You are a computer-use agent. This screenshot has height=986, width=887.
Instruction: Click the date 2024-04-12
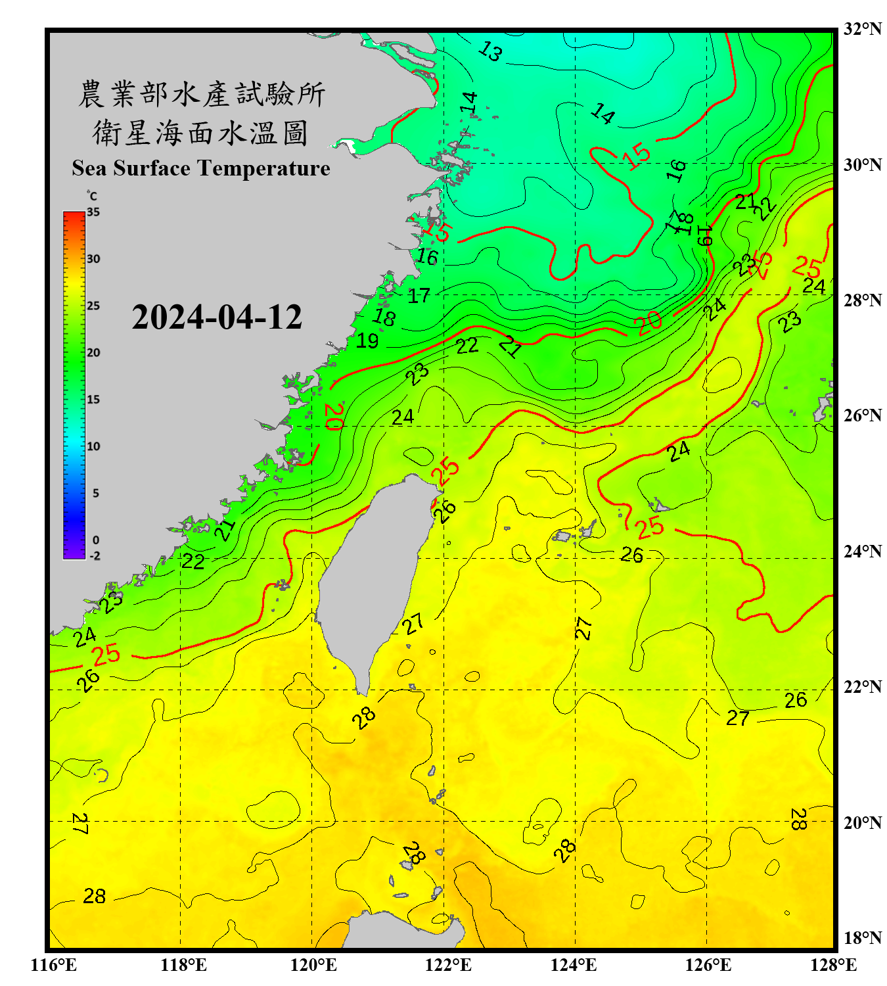[x=216, y=317]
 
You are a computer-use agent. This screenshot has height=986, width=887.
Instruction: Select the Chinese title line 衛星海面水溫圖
[x=200, y=133]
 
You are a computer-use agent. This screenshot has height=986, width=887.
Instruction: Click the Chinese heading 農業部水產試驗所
[x=201, y=94]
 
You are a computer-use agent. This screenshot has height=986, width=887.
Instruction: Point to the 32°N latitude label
[x=862, y=29]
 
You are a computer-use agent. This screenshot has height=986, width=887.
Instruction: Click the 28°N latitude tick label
[x=862, y=300]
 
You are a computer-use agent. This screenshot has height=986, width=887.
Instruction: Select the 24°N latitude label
[x=862, y=552]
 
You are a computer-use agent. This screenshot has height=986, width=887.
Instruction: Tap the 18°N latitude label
[x=862, y=938]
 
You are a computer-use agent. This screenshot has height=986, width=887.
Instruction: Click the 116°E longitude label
[x=53, y=965]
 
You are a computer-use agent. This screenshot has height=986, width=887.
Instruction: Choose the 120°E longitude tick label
[x=313, y=965]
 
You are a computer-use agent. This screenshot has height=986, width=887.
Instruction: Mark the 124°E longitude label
[x=574, y=965]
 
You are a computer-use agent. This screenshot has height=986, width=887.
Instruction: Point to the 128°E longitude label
[x=833, y=965]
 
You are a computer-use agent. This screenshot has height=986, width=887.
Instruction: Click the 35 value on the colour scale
[x=93, y=212]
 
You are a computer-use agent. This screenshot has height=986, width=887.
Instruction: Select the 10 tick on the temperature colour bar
[x=93, y=446]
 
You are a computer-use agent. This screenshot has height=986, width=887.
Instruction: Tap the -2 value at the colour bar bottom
[x=95, y=555]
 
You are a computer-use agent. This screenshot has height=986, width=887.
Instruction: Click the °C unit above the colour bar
[x=91, y=196]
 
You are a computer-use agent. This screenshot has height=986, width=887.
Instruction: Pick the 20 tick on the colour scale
[x=93, y=353]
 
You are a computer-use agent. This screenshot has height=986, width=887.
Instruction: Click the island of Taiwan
[x=368, y=578]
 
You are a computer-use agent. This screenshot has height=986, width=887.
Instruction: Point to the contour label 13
[x=490, y=51]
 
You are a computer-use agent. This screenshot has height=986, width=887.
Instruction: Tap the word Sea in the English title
[x=90, y=168]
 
